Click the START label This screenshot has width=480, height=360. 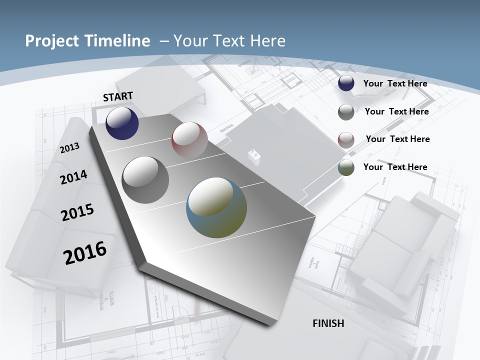click(x=118, y=96)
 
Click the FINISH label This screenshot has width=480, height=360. click(x=328, y=323)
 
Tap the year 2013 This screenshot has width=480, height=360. click(x=69, y=147)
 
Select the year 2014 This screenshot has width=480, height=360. click(x=73, y=177)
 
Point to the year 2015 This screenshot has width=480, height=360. click(x=77, y=212)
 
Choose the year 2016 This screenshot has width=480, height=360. click(x=85, y=252)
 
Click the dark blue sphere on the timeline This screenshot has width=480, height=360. click(x=122, y=123)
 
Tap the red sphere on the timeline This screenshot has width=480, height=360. click(x=189, y=140)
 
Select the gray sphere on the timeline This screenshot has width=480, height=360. click(x=145, y=180)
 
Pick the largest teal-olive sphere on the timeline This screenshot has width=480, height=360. click(x=216, y=207)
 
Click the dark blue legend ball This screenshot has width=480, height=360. click(x=346, y=83)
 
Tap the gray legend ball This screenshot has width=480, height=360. click(x=346, y=112)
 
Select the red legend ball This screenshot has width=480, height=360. click(x=346, y=140)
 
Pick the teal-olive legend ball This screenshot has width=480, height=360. click(x=346, y=167)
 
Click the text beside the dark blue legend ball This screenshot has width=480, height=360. click(x=395, y=83)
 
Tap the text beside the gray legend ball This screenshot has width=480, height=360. click(x=396, y=111)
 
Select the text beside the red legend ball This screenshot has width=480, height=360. click(x=397, y=139)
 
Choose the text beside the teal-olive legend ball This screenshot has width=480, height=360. click(x=395, y=167)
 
